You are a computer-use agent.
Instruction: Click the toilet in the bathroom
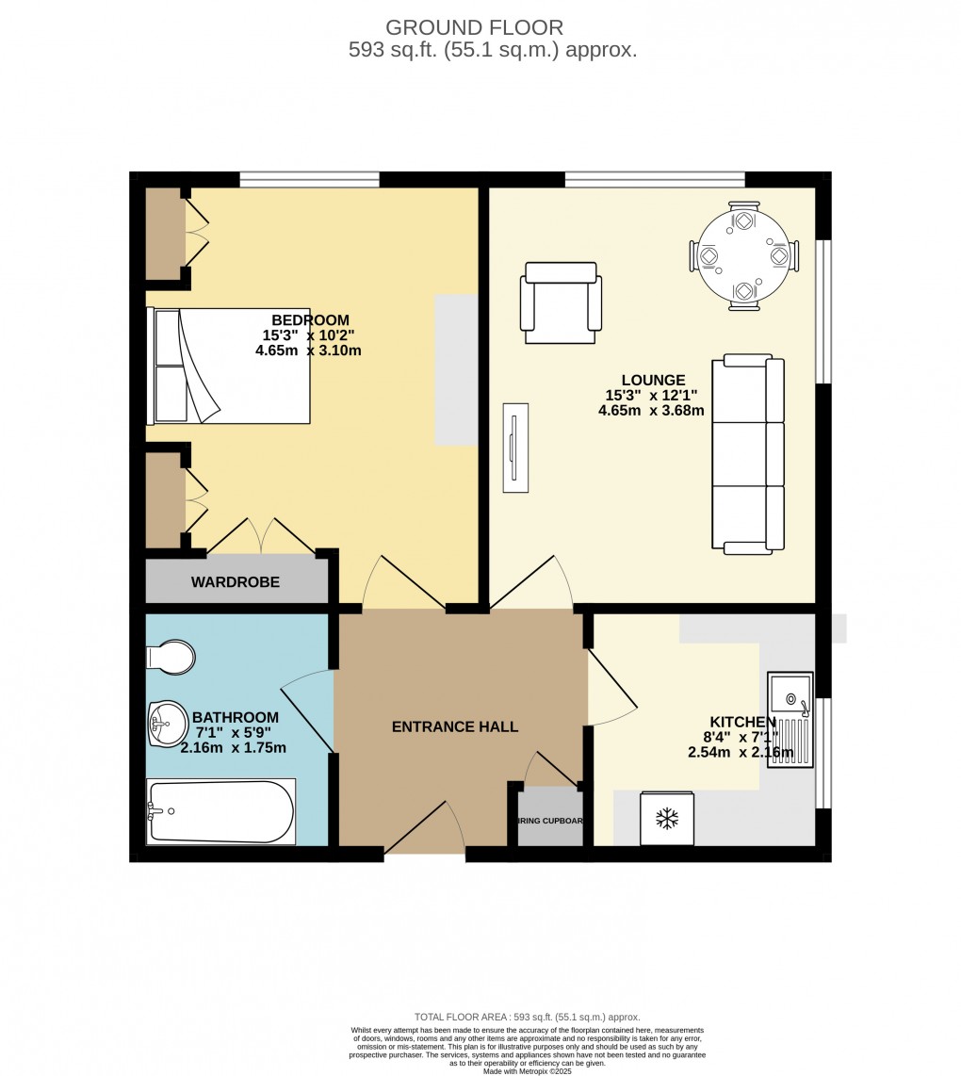173,657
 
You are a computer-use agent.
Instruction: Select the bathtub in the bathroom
221,810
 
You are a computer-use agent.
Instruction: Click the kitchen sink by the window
790,720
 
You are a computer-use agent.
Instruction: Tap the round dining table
744,255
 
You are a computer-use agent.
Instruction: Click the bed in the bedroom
229,366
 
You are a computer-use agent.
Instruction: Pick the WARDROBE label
236,582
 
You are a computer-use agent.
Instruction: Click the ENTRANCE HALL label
455,726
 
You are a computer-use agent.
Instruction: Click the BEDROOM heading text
310,320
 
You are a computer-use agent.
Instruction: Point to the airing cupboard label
550,821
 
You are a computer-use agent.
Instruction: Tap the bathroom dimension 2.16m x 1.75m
234,748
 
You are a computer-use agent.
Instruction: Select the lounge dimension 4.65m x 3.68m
651,411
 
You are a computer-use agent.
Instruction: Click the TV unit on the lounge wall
513,448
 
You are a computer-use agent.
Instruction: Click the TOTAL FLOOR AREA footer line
528,1017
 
